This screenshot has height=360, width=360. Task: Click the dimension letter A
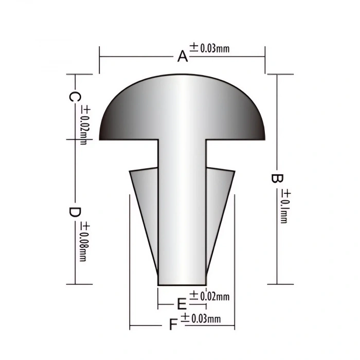183,56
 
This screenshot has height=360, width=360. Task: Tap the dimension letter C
75,97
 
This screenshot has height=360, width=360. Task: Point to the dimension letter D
75,212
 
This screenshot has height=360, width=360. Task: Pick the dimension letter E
182,303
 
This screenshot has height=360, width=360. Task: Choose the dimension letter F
173,325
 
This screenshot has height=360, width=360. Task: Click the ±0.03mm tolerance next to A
209,48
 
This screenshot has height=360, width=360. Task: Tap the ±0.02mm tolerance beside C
85,125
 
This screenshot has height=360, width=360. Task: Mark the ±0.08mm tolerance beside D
85,241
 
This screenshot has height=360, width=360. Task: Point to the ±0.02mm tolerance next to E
209,296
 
